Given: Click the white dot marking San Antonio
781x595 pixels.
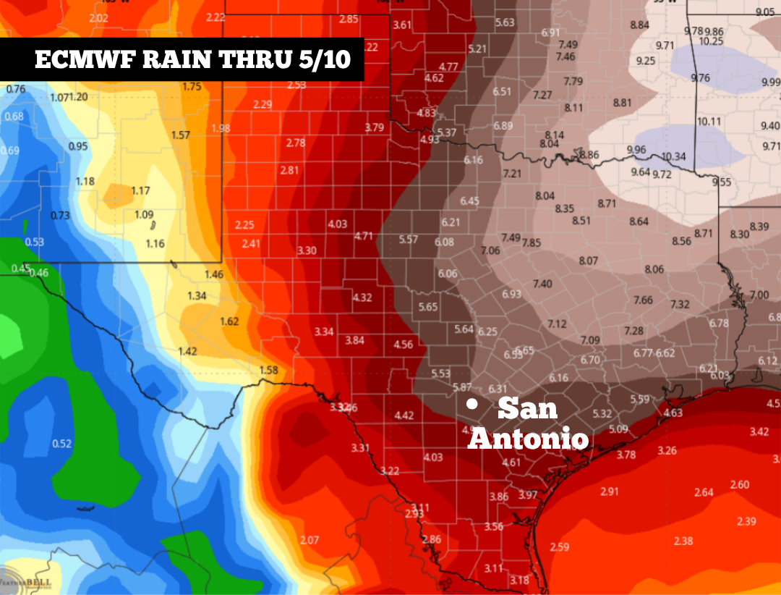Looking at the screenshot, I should click(471, 405).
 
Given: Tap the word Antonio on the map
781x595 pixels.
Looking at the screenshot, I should click(527, 439).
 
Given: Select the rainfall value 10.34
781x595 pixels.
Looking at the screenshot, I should click(673, 156).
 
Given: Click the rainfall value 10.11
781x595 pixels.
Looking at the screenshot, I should click(709, 121).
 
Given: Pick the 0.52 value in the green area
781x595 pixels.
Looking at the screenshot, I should click(62, 444).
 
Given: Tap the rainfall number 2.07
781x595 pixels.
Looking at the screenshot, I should click(310, 540).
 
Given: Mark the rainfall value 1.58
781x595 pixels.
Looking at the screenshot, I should click(268, 371).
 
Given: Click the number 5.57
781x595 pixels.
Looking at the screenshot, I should click(409, 240).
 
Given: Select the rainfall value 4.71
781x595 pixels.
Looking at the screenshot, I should click(364, 236).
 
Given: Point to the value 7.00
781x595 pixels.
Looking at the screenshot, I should click(759, 295).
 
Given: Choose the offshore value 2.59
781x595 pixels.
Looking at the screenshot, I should click(560, 546).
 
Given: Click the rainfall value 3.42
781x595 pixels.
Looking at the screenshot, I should click(759, 432).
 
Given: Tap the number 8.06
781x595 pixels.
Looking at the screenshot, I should click(654, 269).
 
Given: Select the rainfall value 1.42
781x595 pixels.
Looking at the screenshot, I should click(187, 352).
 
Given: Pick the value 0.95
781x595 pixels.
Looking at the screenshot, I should click(77, 146).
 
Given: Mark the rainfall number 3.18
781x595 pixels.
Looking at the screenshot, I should click(519, 580).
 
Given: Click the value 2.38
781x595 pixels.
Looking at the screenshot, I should click(683, 541).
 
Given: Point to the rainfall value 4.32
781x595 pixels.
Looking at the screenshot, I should click(362, 297).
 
